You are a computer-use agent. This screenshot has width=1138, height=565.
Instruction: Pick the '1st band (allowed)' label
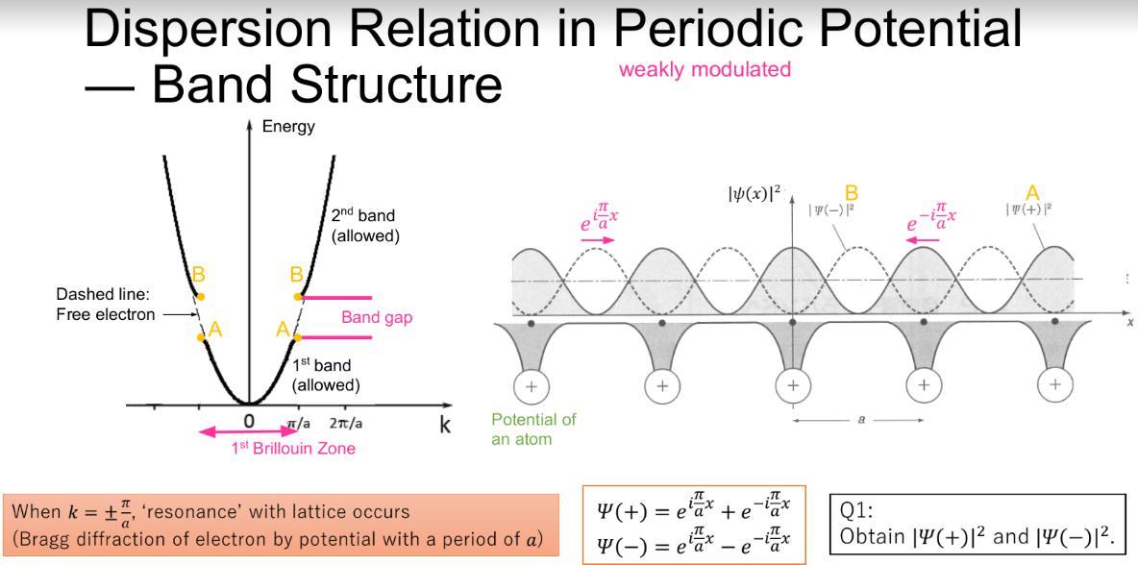tap(326, 375)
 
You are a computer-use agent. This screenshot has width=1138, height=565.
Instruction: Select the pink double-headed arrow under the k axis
tap(249, 433)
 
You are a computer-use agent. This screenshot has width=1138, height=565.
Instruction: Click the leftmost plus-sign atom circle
tap(531, 386)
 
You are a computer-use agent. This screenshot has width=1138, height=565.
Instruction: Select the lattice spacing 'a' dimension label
tap(858, 419)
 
